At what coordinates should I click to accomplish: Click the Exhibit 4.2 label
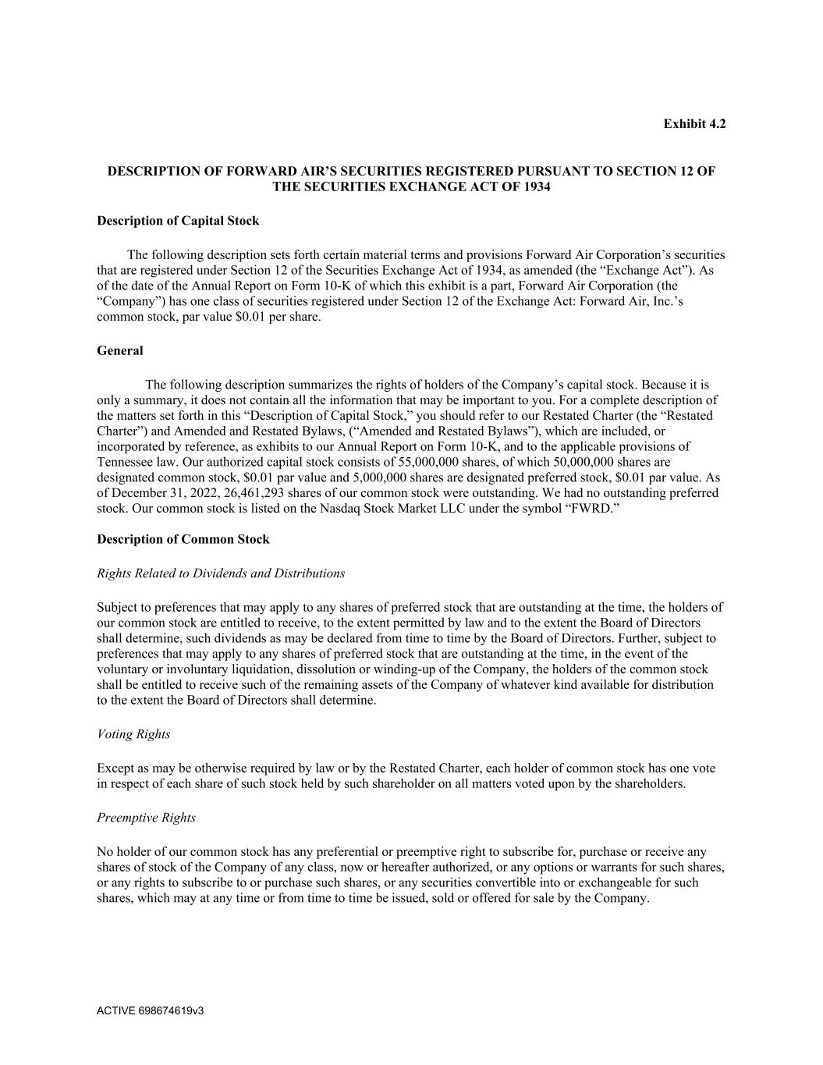point(694,124)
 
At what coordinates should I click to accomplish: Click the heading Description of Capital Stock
point(178,221)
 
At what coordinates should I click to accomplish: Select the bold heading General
point(120,351)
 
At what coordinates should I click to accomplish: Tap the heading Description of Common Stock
point(183,539)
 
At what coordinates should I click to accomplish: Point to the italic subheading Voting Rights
point(133,734)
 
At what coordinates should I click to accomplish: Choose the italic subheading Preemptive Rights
point(146,818)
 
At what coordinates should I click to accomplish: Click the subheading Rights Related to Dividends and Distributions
point(221,573)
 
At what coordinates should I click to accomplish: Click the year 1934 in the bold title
point(536,187)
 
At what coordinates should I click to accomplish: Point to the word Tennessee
point(125,462)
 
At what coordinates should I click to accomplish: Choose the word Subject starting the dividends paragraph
point(117,607)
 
